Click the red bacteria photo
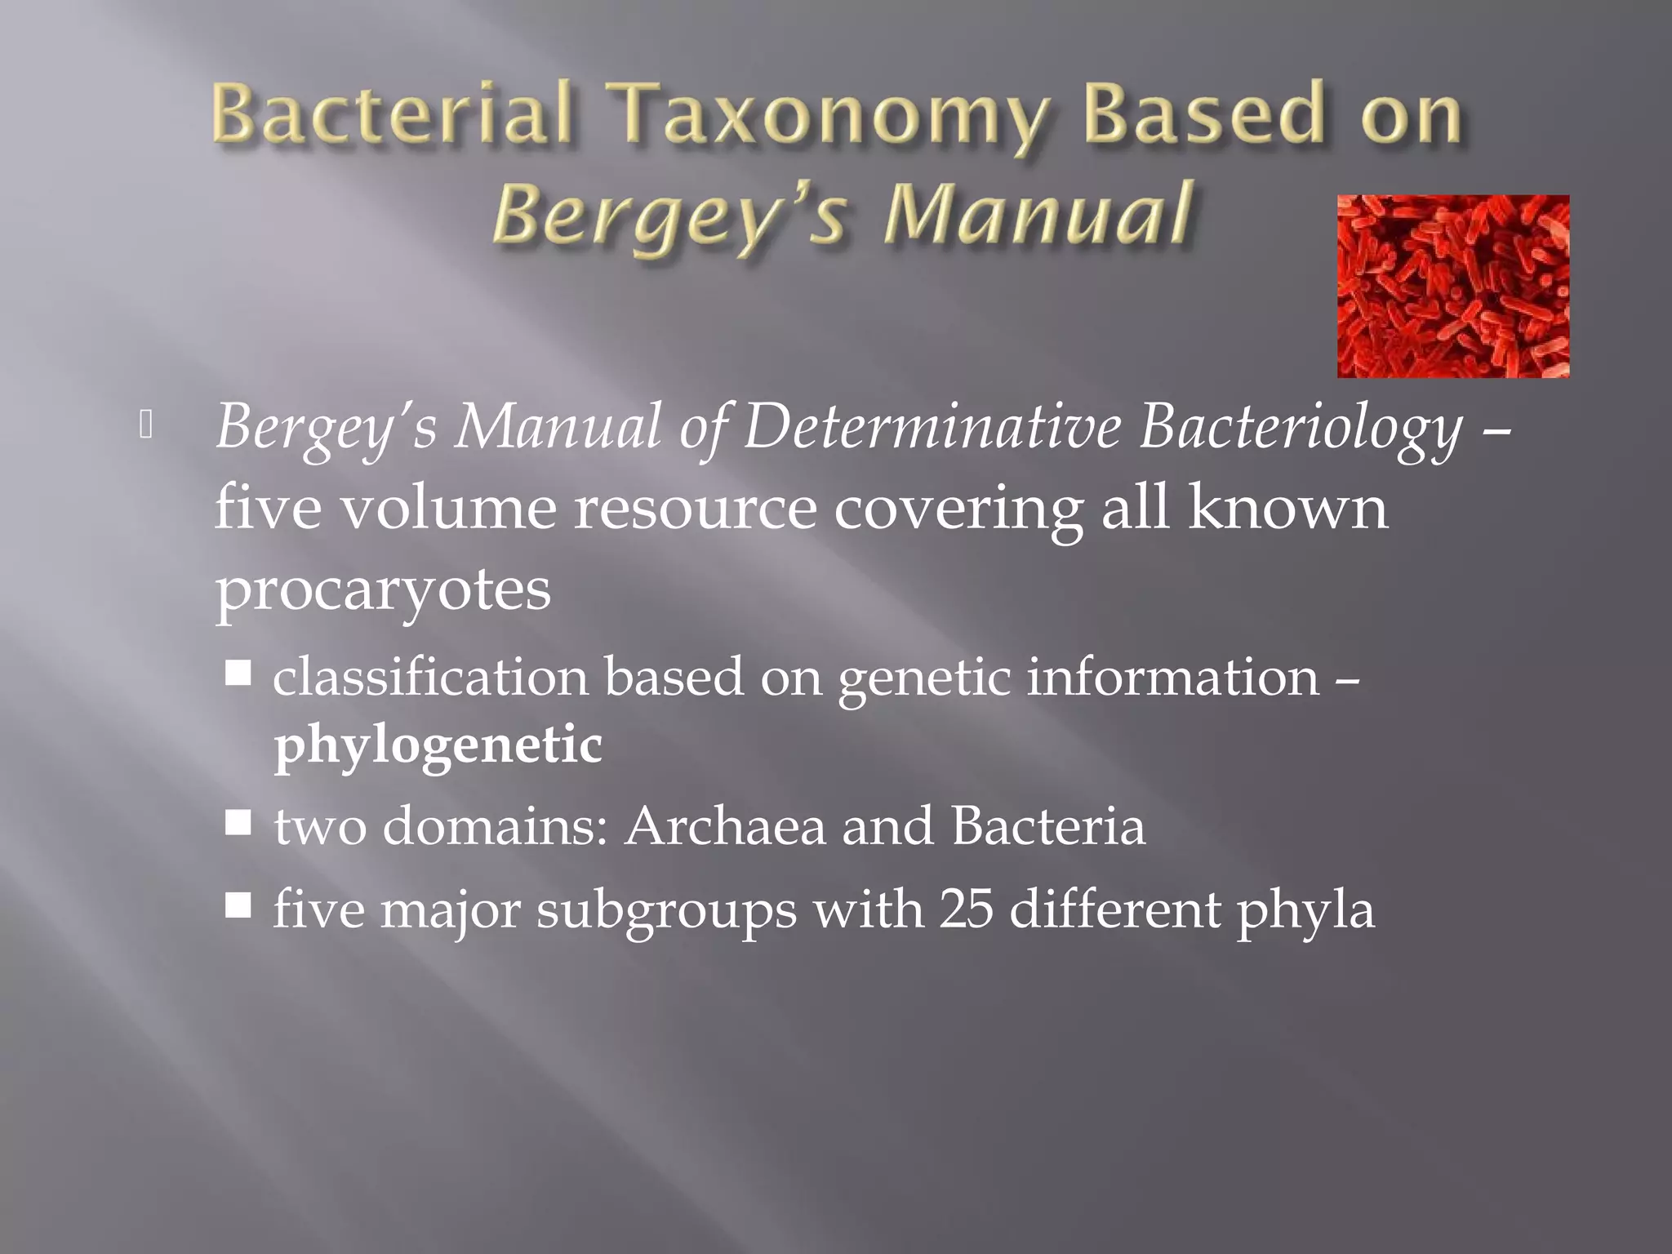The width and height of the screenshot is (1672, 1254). tap(1452, 287)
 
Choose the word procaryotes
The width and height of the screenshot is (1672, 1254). tap(383, 591)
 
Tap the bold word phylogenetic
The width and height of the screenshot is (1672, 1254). tap(438, 745)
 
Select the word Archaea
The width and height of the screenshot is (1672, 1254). tap(726, 826)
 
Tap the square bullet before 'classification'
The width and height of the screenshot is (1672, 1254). tap(238, 675)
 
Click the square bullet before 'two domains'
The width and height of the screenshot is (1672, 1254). tap(238, 824)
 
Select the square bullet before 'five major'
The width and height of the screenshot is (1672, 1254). tap(238, 905)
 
